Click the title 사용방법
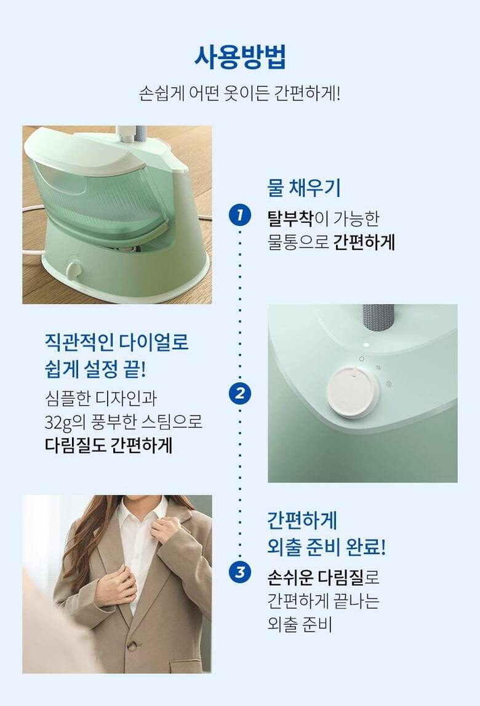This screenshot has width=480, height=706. coord(240,57)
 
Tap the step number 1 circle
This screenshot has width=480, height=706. coord(239,214)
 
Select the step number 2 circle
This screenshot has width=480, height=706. coord(239,393)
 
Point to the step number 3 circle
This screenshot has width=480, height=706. coord(239,572)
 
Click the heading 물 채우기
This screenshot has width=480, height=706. coord(304,188)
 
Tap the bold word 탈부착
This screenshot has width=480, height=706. coord(290,219)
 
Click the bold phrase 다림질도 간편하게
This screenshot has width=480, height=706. coord(108,445)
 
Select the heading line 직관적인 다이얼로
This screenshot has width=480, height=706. coord(117,342)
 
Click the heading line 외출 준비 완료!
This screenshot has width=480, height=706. coord(326,547)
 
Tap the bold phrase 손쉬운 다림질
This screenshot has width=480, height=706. coord(315,577)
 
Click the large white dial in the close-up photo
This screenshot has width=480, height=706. coord(352,393)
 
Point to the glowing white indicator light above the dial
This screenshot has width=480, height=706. coord(366,345)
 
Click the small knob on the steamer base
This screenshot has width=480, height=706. coord(74,271)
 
